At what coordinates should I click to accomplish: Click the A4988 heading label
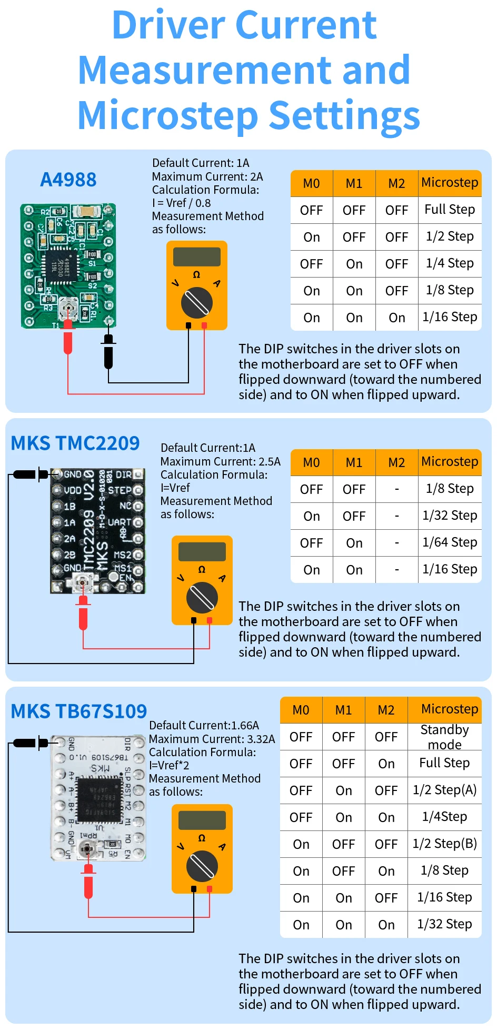point(68,180)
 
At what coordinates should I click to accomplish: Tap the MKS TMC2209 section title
point(75,443)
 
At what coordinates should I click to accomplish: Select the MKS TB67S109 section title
point(79,711)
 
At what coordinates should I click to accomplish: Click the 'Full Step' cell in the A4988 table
point(450,210)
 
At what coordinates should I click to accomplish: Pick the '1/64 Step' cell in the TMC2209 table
point(450,542)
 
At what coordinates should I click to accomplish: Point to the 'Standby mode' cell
point(444,737)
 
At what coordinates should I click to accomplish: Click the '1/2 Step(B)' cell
point(444,844)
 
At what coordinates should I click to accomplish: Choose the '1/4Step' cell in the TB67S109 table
point(444,817)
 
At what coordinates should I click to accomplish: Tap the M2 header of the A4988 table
point(396,183)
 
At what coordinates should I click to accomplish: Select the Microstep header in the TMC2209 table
point(450,462)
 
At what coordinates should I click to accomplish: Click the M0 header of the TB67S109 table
point(301,710)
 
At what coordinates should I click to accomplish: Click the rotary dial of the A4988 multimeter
point(197,303)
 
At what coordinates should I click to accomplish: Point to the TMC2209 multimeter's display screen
point(202,551)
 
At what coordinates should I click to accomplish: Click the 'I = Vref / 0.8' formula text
point(181,203)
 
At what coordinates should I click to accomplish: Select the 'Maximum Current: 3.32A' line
point(212,739)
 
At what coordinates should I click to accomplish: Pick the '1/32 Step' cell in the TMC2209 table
point(450,516)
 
